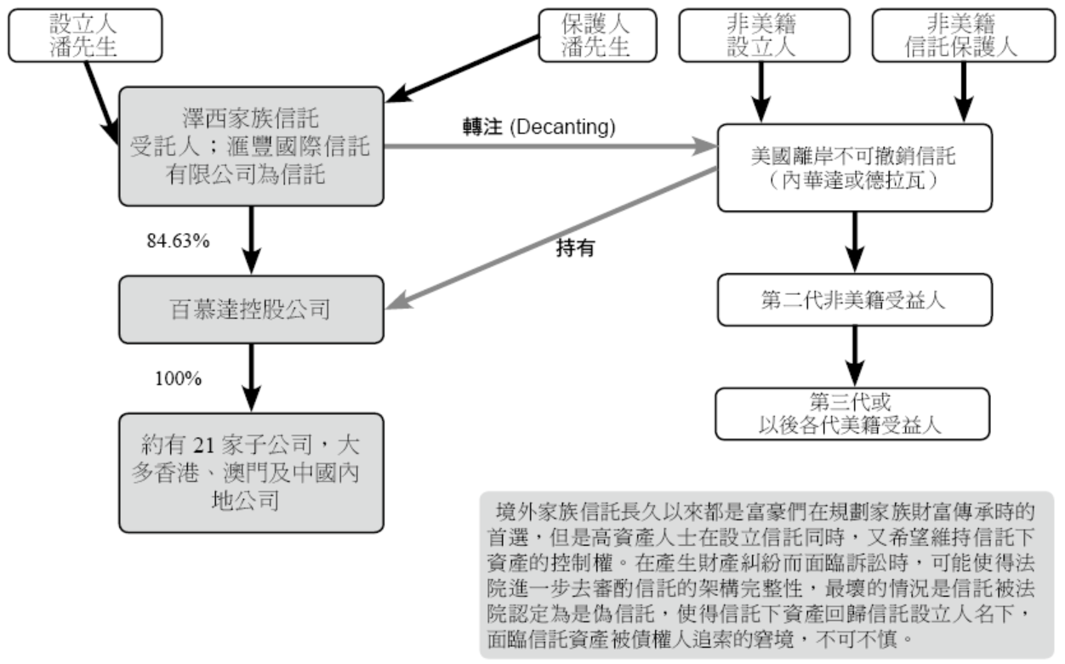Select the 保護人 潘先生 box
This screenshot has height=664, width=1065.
[596, 35]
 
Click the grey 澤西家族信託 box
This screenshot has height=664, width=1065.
[251, 145]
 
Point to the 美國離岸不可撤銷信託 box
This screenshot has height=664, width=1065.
[854, 167]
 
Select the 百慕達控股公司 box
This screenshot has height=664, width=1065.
[251, 309]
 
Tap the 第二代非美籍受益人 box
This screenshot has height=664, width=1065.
[854, 299]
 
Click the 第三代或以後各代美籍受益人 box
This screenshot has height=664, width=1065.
[854, 414]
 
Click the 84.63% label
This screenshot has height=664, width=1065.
[179, 241]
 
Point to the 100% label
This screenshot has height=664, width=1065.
[178, 378]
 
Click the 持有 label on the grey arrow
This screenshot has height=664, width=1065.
[575, 248]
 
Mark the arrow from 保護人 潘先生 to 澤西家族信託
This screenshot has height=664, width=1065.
[464, 66]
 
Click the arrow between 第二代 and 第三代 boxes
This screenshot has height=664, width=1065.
[854, 356]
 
